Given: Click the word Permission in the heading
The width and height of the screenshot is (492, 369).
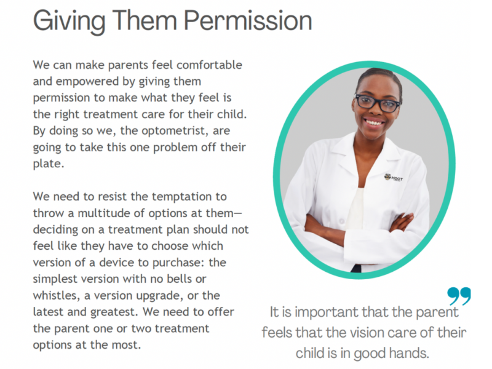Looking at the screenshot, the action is point(248,21).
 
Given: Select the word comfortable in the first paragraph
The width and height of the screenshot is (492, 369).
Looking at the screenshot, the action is point(209,65).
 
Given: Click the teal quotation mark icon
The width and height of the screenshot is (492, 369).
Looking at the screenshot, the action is point(459,296).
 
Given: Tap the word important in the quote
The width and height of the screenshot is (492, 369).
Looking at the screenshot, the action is point(327,312).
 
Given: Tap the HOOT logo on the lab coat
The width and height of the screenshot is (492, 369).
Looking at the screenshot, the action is point(394,177).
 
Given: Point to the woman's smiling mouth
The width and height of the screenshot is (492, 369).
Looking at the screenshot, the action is point(375,122).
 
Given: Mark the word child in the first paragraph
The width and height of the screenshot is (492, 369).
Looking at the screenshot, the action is point(231,114).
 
